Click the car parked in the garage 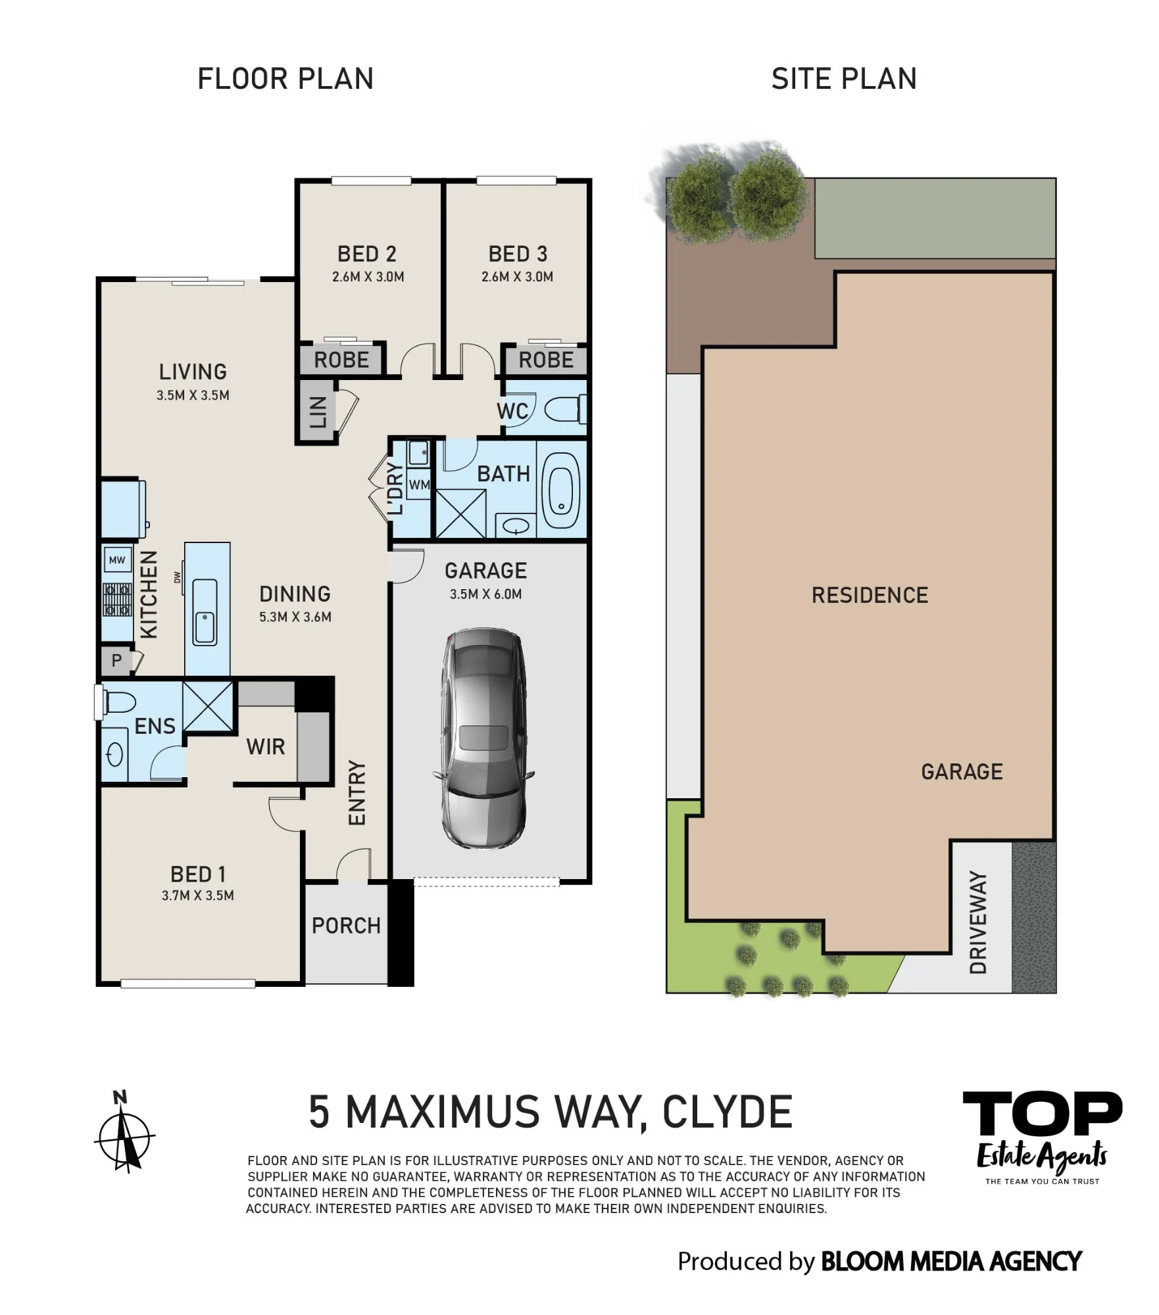483,738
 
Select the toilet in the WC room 565,410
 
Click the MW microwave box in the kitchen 117,560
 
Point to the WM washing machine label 419,485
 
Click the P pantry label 116,660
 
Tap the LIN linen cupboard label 318,412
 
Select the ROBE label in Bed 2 341,360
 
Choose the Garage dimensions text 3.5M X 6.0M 486,594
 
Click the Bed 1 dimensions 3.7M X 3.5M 198,896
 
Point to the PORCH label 347,926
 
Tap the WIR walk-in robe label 266,747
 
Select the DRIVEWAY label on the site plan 979,922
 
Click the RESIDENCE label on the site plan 870,596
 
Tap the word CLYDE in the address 727,1112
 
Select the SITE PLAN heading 844,79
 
